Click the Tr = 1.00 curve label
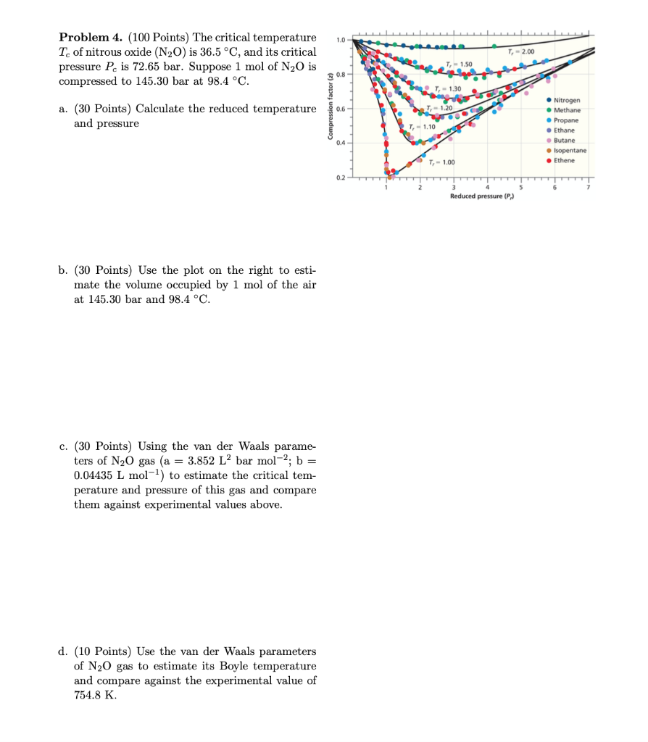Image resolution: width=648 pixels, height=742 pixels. (441, 161)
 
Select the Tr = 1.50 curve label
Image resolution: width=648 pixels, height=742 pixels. (460, 64)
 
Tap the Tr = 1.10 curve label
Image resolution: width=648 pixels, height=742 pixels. (422, 127)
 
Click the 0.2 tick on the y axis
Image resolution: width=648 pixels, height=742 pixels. (340, 177)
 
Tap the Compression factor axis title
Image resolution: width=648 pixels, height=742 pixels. (331, 107)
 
